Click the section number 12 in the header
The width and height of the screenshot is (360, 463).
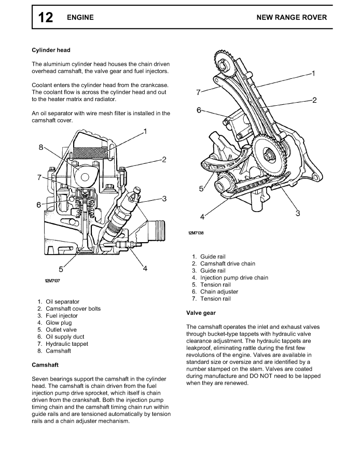[45, 18]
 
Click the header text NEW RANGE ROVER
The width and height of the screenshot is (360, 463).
[292, 18]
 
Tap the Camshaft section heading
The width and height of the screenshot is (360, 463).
[45, 365]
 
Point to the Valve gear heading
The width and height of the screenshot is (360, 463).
[201, 313]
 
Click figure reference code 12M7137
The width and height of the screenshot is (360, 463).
[53, 280]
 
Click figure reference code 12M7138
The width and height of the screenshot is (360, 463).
[196, 233]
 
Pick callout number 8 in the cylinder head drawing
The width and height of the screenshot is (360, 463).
[41, 147]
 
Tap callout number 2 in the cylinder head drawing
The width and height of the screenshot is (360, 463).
[164, 160]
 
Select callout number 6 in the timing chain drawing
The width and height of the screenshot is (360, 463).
[199, 110]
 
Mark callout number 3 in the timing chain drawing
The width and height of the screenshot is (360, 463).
[298, 213]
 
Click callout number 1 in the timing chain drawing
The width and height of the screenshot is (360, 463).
[314, 73]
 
